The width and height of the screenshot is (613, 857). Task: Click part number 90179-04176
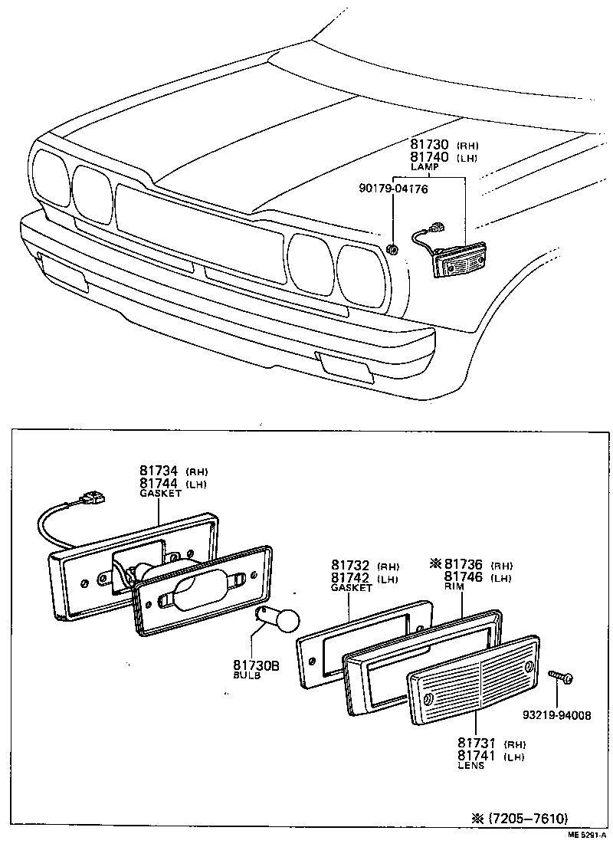tap(393, 188)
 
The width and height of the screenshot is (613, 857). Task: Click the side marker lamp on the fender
tap(459, 261)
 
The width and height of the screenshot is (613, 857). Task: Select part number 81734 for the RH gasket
tap(159, 471)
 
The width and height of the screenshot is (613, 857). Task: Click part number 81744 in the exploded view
tap(159, 483)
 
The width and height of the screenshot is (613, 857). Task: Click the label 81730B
tap(256, 665)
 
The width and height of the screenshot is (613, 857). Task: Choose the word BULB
tap(247, 676)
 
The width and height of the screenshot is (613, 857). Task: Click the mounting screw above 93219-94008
tap(562, 677)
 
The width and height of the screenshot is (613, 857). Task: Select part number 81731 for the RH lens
tap(477, 743)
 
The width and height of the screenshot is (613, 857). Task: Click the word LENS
tap(471, 765)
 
